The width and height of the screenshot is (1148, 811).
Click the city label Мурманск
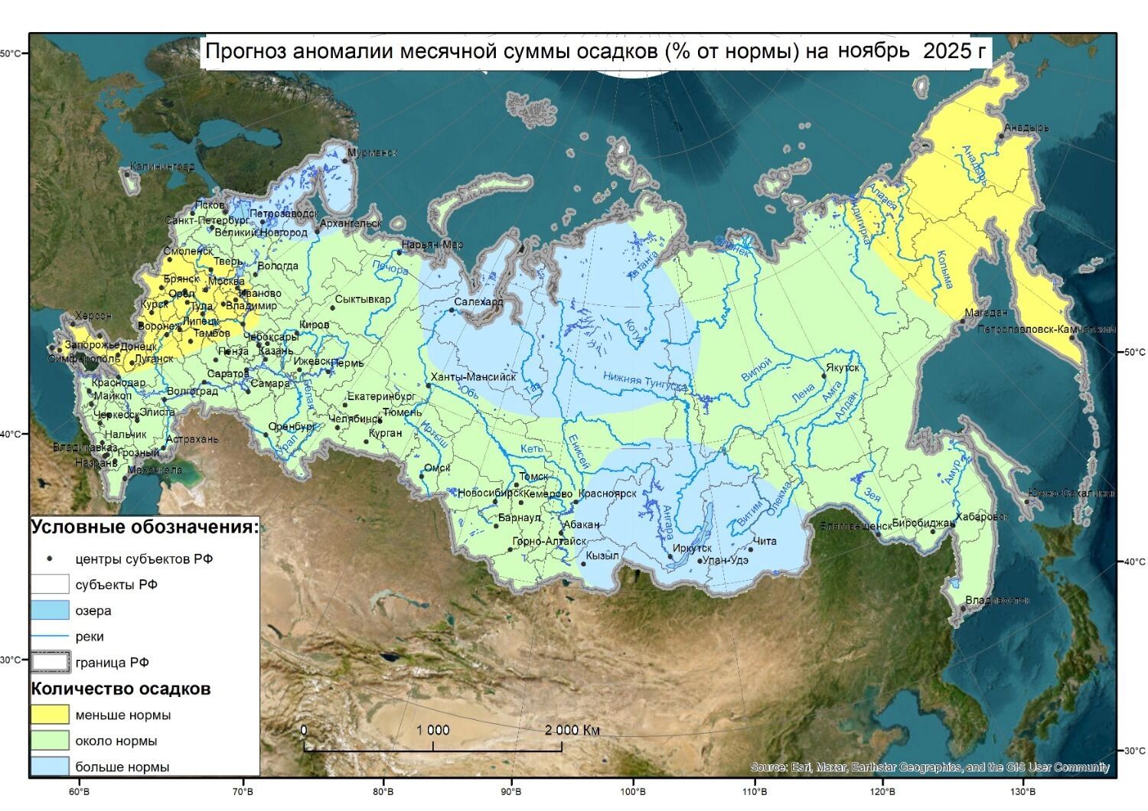tap(373, 153)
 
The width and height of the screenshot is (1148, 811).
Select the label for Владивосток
tap(996, 600)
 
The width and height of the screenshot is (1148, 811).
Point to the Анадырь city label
tap(1026, 128)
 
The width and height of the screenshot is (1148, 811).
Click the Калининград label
tap(161, 166)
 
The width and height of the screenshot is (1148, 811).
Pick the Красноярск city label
tap(608, 493)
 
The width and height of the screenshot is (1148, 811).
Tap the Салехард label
tap(478, 301)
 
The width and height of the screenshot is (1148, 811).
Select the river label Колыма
tap(945, 270)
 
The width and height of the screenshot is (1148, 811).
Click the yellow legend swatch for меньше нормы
tap(50, 715)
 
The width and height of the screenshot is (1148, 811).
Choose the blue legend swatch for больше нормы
tap(50, 767)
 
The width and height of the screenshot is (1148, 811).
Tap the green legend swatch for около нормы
tap(50, 741)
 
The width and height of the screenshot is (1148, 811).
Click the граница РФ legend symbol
tap(50, 663)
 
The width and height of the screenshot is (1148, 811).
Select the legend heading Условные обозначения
tap(145, 527)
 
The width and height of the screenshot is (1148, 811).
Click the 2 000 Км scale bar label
tap(572, 730)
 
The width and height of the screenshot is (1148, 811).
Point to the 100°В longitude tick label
tap(633, 790)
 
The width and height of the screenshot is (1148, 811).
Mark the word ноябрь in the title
tap(873, 51)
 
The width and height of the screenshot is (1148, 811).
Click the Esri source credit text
tap(929, 767)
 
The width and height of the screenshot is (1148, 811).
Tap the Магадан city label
tap(986, 312)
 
